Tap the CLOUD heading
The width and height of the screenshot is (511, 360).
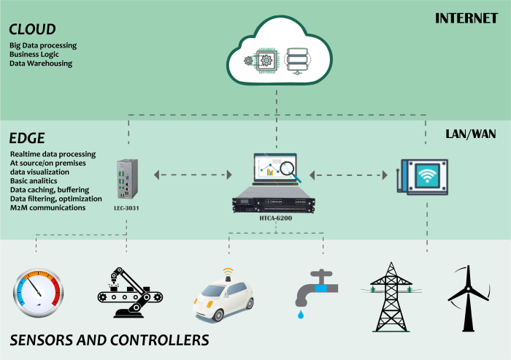coord(32,29)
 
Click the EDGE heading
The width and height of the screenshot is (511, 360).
coord(27,138)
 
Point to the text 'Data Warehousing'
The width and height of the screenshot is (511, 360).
coord(41,64)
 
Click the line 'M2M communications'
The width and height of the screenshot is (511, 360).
coord(48,207)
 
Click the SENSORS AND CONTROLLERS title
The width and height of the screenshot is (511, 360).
coord(109,340)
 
